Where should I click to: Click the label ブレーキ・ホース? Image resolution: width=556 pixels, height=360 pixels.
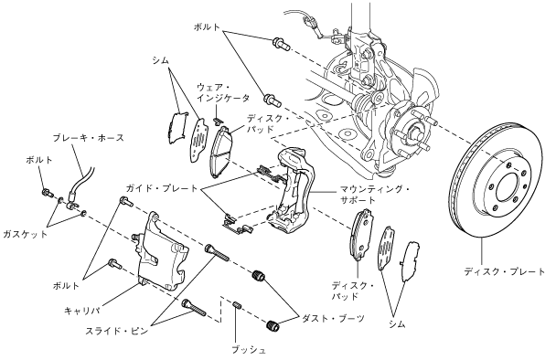tap(89, 137)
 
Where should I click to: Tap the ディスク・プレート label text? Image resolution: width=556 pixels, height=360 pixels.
tap(504, 271)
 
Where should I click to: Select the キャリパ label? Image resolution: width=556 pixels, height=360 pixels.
tap(81, 311)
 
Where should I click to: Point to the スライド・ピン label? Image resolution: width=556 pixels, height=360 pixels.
tap(116, 332)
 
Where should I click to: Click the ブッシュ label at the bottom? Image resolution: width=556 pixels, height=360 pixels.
tap(249, 350)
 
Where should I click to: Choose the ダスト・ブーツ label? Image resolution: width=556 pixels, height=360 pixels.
tap(333, 318)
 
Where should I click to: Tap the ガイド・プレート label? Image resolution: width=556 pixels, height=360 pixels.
tap(162, 188)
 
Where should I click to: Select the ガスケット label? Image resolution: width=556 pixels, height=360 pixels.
tap(25, 234)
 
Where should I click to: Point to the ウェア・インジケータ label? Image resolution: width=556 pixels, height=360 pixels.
tap(223, 93)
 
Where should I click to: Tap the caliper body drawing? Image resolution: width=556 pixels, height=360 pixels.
tap(160, 252)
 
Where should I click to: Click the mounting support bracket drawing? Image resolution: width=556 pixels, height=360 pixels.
tap(292, 190)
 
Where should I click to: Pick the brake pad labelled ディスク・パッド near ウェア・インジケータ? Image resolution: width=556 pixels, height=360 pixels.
tap(222, 152)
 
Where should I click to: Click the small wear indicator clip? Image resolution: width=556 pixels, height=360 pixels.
tap(217, 120)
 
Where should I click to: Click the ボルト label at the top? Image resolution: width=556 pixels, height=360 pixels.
tap(207, 27)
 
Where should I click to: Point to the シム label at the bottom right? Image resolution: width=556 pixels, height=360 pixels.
tap(397, 323)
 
